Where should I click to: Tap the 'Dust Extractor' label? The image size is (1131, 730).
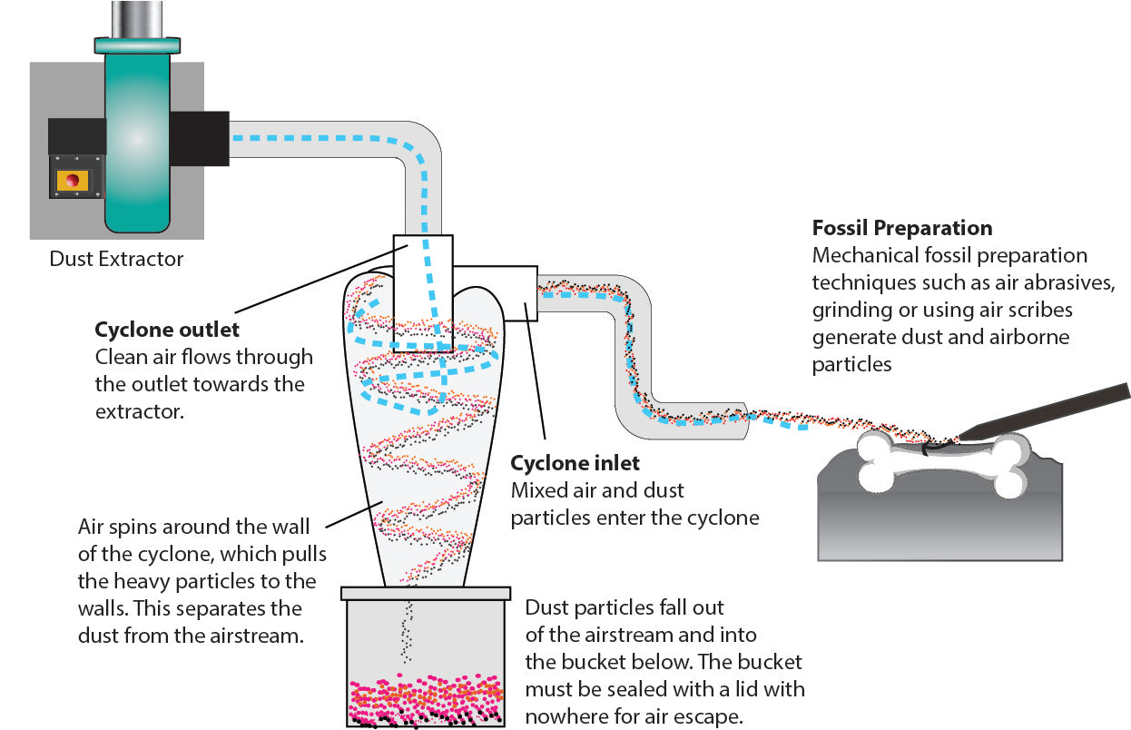pos(116,260)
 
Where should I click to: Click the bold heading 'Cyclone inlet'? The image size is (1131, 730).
pos(575,464)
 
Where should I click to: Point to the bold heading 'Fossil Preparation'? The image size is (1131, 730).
pos(902,228)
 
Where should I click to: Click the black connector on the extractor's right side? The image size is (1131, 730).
pos(199,138)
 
